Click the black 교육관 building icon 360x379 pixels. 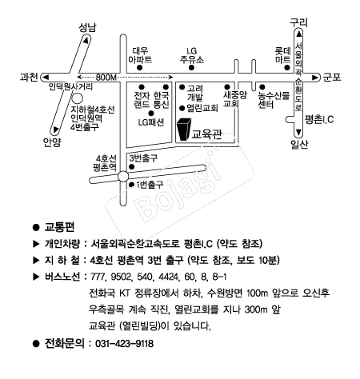point(184,129)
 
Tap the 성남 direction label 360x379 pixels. point(87,28)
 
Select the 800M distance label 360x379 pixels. point(106,78)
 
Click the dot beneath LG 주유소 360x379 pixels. point(191,67)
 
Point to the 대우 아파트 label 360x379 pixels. point(140,55)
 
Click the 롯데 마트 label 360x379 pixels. point(283,55)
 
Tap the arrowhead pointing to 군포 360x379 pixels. point(315,78)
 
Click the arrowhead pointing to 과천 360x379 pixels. point(46,78)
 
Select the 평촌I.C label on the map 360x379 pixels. point(319,119)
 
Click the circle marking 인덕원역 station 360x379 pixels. point(78,98)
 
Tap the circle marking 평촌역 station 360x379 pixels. point(123,176)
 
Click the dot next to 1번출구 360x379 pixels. point(131,185)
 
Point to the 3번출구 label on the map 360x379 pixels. point(143,158)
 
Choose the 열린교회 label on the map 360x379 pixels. point(202,108)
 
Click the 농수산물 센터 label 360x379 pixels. point(274,100)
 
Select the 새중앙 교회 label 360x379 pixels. point(234,99)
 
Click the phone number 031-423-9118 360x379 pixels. point(124,344)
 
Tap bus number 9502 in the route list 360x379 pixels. point(122,277)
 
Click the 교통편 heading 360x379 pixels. point(59,227)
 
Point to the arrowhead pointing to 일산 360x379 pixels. point(298,132)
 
